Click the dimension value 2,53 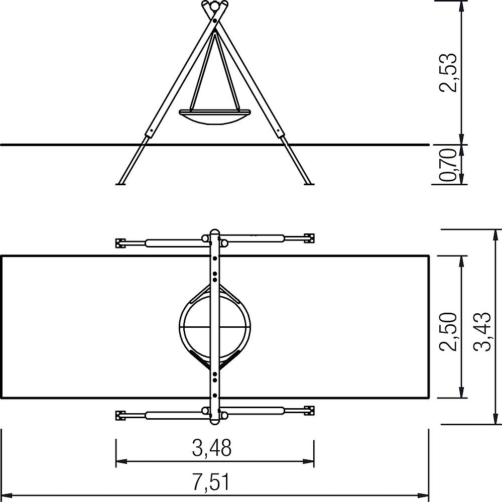coord(448,72)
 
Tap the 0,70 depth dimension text coord(448,165)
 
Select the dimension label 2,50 coord(448,331)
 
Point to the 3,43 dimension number coord(482,331)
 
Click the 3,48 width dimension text coord(212,448)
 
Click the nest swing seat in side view coord(215,117)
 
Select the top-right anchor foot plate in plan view coord(309,238)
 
